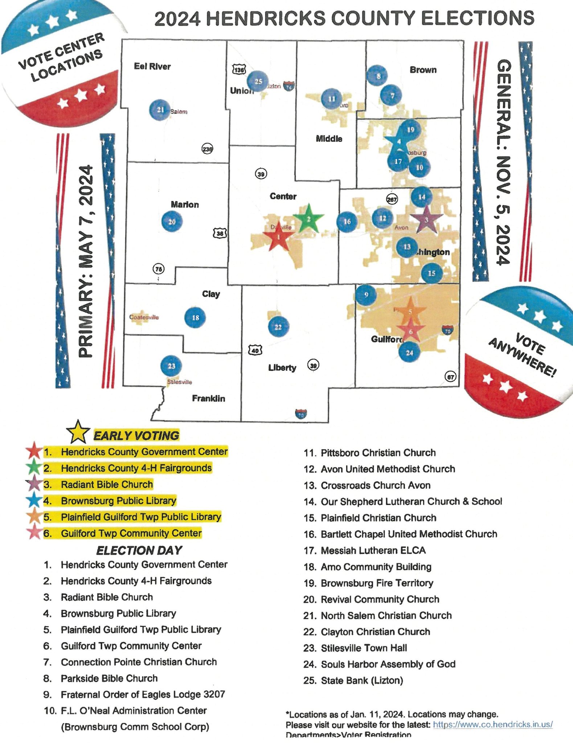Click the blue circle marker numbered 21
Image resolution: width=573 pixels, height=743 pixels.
[x=160, y=110]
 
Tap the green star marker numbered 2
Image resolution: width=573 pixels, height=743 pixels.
[x=308, y=219]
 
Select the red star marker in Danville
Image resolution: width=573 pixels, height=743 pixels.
[x=278, y=237]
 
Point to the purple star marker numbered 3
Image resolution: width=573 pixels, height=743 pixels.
[x=426, y=220]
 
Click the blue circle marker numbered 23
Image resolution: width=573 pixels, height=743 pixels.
[x=171, y=366]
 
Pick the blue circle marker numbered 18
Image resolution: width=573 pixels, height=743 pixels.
[x=195, y=317]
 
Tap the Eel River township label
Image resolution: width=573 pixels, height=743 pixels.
[x=152, y=66]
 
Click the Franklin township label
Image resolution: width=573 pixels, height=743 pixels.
[x=208, y=398]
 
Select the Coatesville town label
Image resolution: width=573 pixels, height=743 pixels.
[x=144, y=317]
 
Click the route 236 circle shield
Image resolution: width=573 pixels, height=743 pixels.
[x=207, y=149]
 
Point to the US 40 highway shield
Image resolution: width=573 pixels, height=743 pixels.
[x=255, y=350]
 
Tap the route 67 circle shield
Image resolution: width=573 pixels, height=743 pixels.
[x=450, y=377]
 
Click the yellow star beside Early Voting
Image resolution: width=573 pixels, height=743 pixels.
[x=78, y=432]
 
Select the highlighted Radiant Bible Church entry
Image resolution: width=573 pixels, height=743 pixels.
[x=107, y=484]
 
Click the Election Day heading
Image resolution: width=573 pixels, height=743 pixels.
[x=139, y=550]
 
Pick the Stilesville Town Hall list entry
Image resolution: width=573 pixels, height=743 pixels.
[x=364, y=648]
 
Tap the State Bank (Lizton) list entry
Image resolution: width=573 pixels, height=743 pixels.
[x=362, y=680]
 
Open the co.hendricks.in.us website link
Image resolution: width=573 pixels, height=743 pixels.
[x=493, y=724]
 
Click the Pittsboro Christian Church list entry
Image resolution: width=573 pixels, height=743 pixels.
[x=378, y=453]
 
